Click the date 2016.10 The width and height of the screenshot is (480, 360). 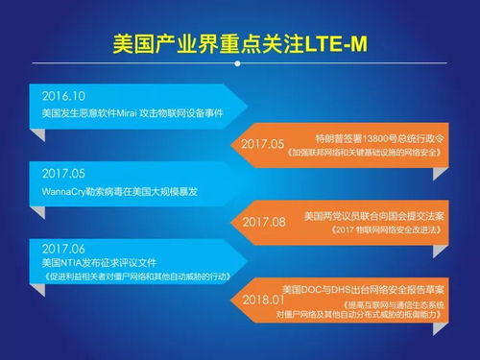click(x=65, y=96)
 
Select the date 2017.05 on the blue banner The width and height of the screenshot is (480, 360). click(x=65, y=174)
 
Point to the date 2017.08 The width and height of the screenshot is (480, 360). click(x=264, y=222)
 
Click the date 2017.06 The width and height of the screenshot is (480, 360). click(x=65, y=247)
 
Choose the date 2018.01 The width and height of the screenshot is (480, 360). click(x=264, y=301)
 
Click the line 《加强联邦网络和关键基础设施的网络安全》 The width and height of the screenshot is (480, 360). click(x=372, y=152)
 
